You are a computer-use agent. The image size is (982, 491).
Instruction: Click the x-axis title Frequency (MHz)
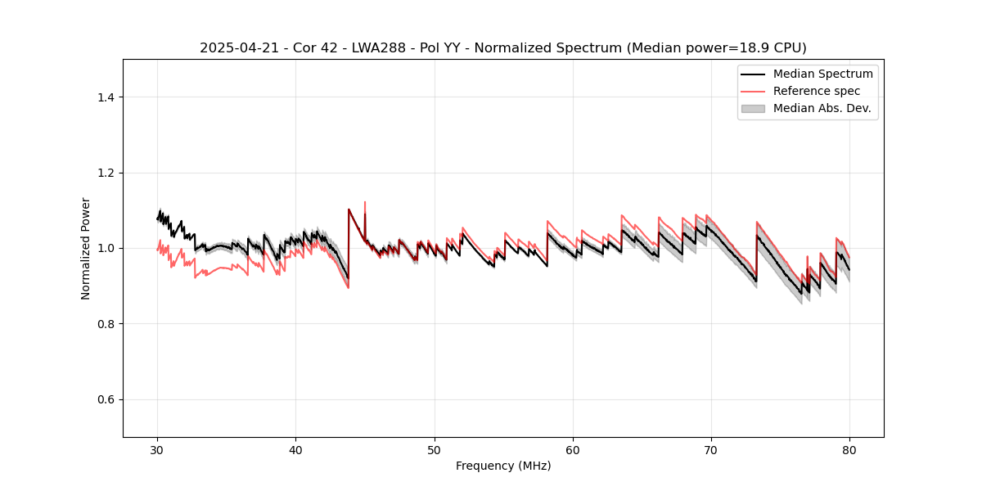503,466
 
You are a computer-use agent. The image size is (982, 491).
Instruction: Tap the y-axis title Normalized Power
86,248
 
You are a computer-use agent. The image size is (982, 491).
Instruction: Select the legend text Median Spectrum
822,74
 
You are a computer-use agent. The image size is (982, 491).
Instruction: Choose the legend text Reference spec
817,91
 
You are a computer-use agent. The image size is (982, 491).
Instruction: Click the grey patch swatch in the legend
753,108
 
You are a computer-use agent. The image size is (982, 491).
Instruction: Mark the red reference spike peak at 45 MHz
365,202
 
